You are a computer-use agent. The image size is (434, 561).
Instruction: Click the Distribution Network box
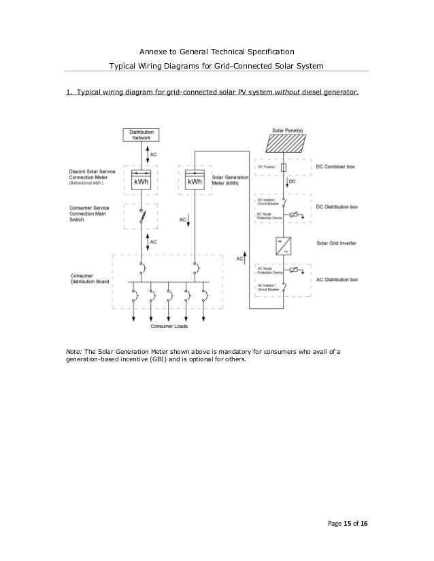[141, 134]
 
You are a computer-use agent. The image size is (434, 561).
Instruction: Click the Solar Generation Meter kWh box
[195, 182]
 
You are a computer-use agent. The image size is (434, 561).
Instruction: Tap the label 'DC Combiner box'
[340, 167]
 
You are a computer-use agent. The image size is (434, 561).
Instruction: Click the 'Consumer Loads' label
[169, 326]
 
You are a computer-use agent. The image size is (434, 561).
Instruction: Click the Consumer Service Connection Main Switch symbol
[142, 217]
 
